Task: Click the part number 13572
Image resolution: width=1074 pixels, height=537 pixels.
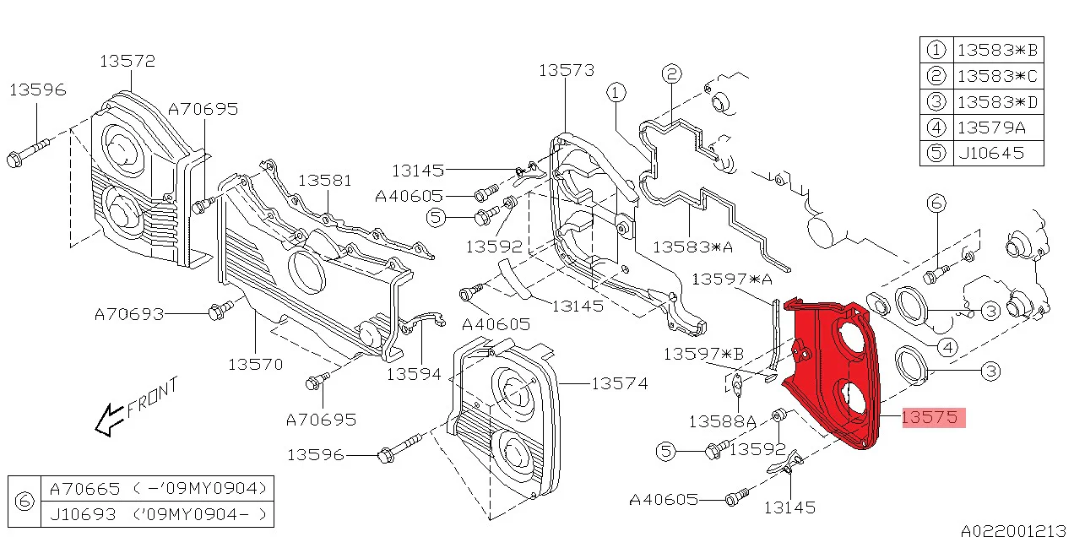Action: point(127,61)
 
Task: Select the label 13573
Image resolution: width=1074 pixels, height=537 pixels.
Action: point(567,70)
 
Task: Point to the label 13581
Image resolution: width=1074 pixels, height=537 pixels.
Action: point(324,181)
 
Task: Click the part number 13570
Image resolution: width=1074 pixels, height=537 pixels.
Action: point(255,364)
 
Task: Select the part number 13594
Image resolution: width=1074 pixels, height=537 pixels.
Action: point(414,372)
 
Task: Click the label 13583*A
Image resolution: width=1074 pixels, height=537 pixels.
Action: point(693,247)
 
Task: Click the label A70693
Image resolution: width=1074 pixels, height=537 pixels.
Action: point(128,314)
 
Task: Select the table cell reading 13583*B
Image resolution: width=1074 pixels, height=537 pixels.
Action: point(997,50)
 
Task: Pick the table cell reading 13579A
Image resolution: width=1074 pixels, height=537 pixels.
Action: point(991,127)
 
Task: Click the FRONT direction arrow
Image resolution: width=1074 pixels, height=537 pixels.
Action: point(107,419)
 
